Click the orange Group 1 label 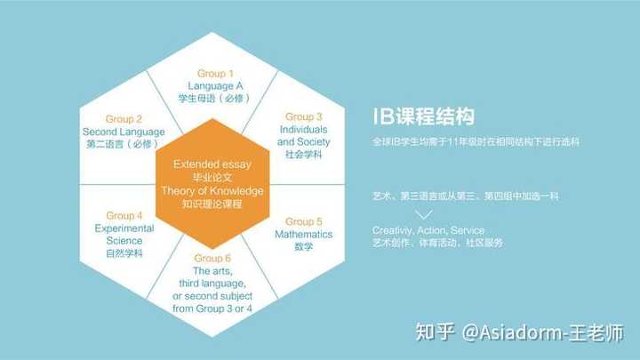pos(214,73)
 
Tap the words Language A pos(214,85)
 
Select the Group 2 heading pos(124,119)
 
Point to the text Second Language pos(124,132)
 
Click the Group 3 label pos(303,116)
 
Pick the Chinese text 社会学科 pos(303,155)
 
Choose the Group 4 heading pos(124,216)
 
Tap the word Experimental pos(124,228)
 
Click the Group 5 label pos(303,221)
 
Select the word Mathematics pos(303,234)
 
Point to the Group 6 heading pos(213,258)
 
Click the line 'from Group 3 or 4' pos(213,308)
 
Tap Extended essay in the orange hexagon pos(213,164)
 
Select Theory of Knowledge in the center pos(213,190)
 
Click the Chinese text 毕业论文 pos(213,177)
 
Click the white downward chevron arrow pos(425,215)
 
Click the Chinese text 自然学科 pos(124,253)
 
